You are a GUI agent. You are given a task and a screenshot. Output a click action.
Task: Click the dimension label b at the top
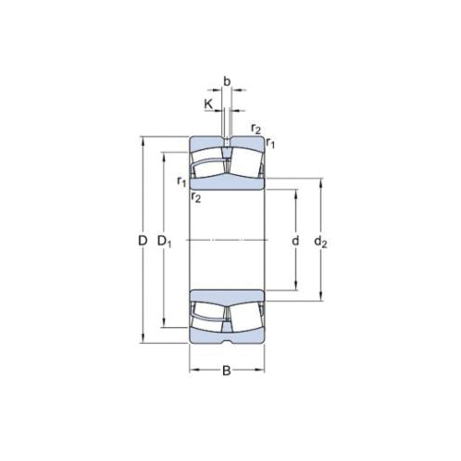click(x=227, y=80)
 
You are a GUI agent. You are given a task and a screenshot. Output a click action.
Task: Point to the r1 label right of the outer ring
click(x=271, y=142)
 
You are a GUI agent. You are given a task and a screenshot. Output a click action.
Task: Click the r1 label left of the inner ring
click(x=181, y=180)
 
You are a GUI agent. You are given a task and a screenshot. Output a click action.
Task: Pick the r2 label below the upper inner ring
click(x=195, y=196)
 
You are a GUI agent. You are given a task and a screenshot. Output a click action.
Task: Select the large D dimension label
click(x=142, y=242)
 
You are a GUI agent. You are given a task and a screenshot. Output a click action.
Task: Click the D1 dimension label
click(x=166, y=242)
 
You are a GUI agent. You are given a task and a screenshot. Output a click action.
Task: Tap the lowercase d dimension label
click(x=295, y=242)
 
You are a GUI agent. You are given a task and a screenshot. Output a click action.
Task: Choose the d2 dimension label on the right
click(x=320, y=242)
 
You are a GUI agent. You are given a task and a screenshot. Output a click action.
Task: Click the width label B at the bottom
click(x=227, y=372)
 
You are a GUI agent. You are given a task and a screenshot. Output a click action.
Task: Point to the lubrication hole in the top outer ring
click(x=227, y=146)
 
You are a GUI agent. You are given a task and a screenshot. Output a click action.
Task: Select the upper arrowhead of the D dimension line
click(x=143, y=141)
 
